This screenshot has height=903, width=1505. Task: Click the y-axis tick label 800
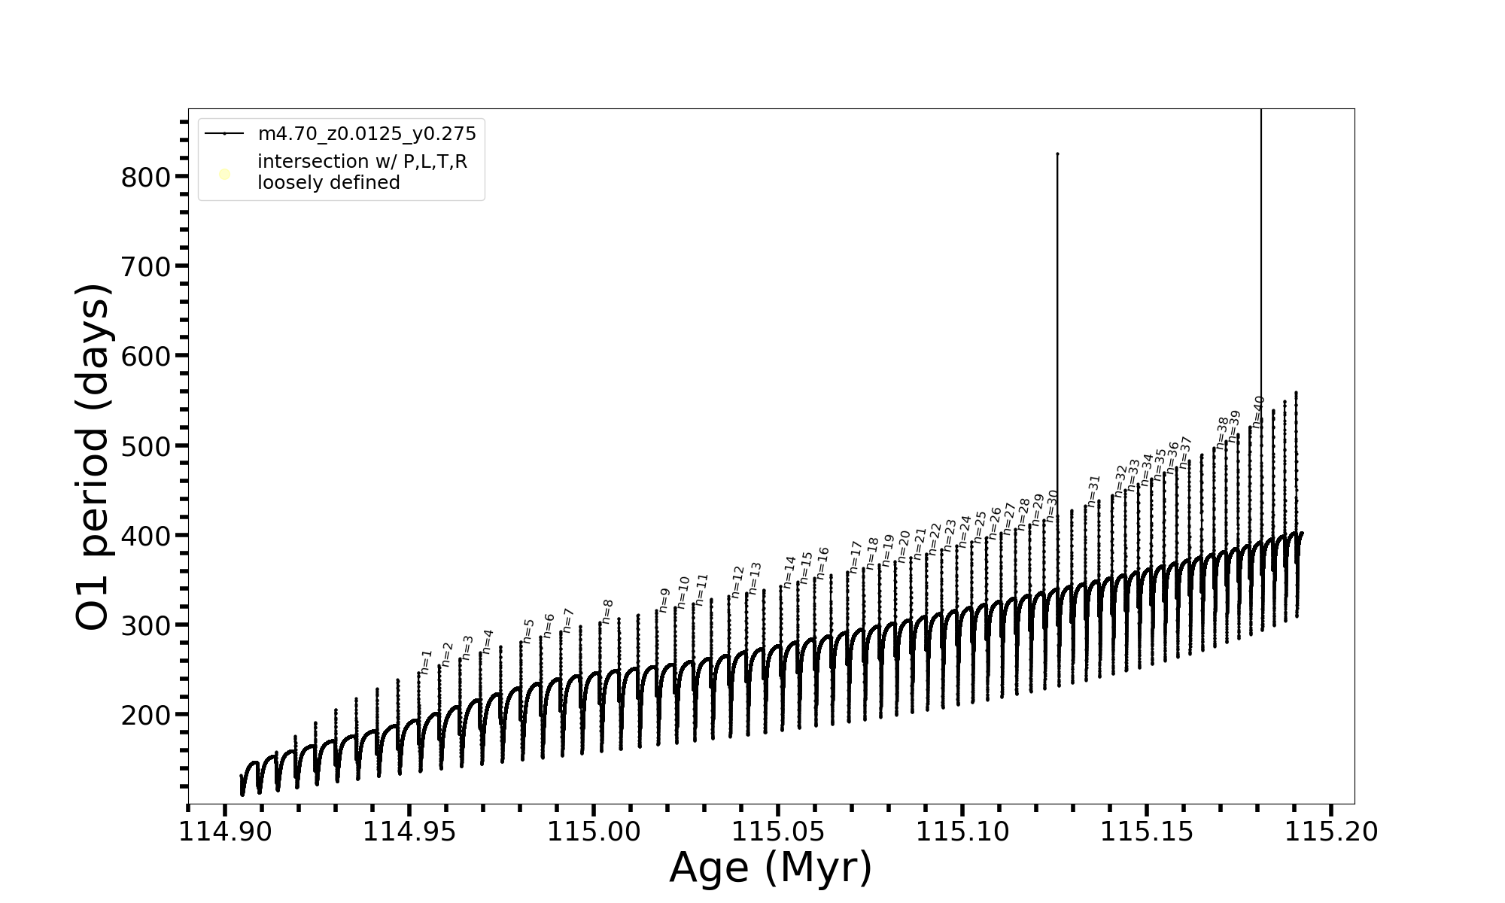click(x=145, y=178)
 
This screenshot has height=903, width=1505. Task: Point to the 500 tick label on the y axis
click(x=145, y=446)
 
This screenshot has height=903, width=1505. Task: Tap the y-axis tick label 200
click(x=145, y=716)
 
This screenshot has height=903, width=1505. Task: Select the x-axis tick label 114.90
click(x=225, y=832)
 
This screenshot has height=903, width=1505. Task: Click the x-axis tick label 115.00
click(x=594, y=832)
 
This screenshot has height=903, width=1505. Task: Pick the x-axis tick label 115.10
click(x=962, y=832)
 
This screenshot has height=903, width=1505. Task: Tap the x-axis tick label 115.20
click(x=1331, y=832)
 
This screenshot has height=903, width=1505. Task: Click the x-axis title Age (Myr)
click(x=771, y=868)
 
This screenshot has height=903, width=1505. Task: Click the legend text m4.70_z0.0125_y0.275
click(x=367, y=134)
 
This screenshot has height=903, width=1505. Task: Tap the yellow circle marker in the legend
click(x=224, y=175)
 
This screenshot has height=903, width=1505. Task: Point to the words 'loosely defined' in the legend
click(x=329, y=183)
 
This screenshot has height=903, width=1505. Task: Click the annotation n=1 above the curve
click(x=426, y=661)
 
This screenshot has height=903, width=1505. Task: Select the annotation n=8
click(x=607, y=611)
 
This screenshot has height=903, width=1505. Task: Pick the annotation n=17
click(x=855, y=557)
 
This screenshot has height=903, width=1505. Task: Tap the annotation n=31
click(x=1094, y=491)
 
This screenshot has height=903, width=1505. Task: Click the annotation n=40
click(x=1258, y=412)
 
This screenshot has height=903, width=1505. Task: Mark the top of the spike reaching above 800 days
click(x=1057, y=154)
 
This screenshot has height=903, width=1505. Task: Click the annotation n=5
click(x=528, y=631)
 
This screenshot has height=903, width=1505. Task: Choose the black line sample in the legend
click(x=224, y=134)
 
